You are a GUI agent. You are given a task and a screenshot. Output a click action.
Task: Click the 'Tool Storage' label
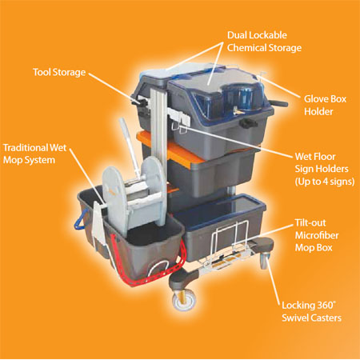click(x=59, y=72)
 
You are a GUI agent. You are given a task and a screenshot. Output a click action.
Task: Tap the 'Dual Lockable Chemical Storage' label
click(x=264, y=42)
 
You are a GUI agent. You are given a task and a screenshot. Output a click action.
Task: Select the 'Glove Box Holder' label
click(x=325, y=105)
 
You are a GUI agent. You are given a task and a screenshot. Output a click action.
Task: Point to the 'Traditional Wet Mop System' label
click(x=34, y=154)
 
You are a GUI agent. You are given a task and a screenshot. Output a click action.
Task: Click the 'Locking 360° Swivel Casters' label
click(x=311, y=311)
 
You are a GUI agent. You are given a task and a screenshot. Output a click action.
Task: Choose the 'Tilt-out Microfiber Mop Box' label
click(x=317, y=235)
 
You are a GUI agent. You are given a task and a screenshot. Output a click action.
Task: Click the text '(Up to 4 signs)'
click(x=325, y=182)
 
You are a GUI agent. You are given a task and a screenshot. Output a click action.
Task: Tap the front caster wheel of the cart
click(x=185, y=300)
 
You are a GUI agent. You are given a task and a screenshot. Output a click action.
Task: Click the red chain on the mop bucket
click(x=154, y=266)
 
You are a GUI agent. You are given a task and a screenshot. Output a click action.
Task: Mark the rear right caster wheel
click(x=265, y=260)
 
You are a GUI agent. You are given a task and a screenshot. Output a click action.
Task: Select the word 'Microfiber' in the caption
click(x=317, y=235)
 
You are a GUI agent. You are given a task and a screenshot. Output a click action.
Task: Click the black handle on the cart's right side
click(x=280, y=102)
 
